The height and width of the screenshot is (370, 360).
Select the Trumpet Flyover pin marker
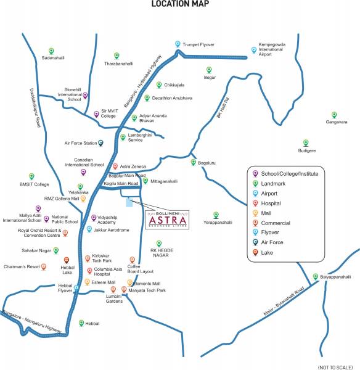tap(178, 44)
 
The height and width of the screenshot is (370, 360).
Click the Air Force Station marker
tap(101, 142)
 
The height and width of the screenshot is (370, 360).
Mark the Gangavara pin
tap(335, 115)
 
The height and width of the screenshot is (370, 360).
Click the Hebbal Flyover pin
tap(77, 287)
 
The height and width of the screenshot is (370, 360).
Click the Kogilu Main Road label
tap(121, 184)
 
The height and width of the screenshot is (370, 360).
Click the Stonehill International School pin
tap(86, 95)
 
